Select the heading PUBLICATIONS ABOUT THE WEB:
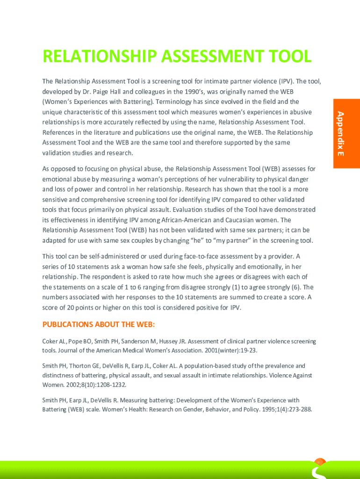(99, 325)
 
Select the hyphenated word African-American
(203, 220)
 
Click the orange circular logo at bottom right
(320, 462)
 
